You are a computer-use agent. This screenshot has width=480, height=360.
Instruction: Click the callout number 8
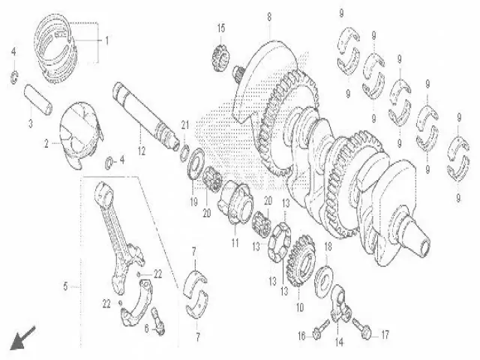(269, 17)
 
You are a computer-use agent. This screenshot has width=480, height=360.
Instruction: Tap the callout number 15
(221, 28)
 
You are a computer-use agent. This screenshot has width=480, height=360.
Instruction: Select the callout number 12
(142, 151)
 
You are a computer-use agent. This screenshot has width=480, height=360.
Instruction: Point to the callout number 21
(185, 125)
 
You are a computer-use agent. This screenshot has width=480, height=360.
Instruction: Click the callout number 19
(193, 202)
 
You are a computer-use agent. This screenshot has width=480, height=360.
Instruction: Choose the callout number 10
(300, 307)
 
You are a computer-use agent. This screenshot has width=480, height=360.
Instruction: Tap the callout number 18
(328, 247)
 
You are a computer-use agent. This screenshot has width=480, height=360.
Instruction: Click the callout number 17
(385, 335)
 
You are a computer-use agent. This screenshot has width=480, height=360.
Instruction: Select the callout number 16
(301, 336)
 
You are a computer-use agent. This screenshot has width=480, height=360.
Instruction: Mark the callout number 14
(339, 342)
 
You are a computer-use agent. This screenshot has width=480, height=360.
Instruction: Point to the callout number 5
(65, 286)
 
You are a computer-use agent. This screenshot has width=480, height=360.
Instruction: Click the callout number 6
(147, 328)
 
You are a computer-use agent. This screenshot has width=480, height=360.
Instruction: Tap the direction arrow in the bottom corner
(22, 338)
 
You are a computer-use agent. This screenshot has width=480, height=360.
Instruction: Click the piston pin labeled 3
(38, 100)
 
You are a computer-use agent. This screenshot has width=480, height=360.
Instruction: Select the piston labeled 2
(80, 135)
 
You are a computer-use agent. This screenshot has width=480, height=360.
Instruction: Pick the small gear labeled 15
(220, 56)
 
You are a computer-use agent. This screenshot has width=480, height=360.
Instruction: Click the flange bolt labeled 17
(362, 329)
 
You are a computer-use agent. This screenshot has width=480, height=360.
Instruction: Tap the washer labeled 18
(324, 281)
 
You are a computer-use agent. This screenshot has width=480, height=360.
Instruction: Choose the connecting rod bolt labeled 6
(158, 321)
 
